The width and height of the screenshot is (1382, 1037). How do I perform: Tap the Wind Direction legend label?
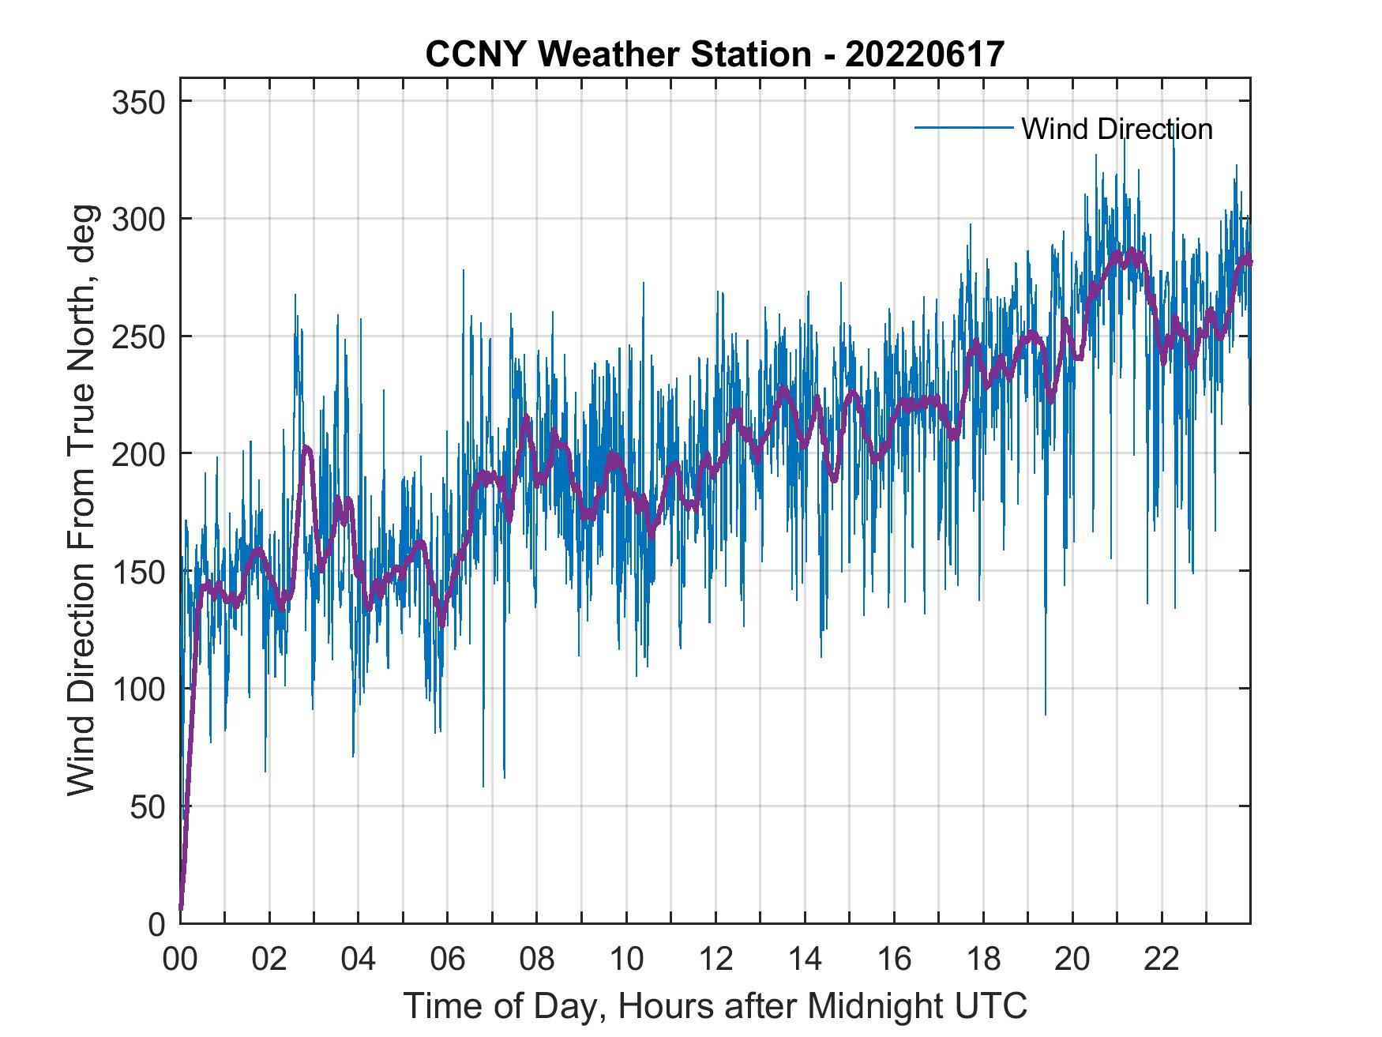point(1117,129)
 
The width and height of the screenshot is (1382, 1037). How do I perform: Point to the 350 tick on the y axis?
point(138,102)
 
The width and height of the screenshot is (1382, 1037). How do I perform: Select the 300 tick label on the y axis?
point(138,219)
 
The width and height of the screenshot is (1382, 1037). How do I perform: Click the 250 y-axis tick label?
point(138,336)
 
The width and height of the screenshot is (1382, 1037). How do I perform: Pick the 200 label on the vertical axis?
point(138,453)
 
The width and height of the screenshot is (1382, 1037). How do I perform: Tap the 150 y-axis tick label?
point(138,571)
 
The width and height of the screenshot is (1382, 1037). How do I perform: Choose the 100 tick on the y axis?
point(138,689)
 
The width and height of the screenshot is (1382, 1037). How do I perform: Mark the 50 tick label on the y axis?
point(148,806)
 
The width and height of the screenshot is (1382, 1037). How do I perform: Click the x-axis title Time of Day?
point(715,1006)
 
